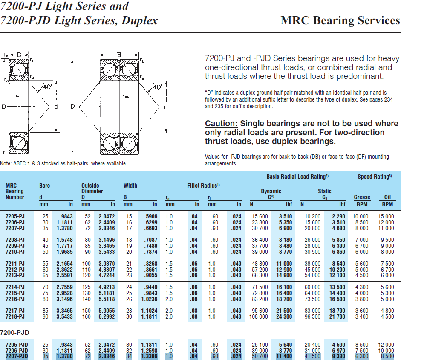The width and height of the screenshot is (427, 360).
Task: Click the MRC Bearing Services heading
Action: (340, 20)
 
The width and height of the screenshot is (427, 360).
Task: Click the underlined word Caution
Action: (221, 124)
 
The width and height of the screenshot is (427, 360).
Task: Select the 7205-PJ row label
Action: (15, 217)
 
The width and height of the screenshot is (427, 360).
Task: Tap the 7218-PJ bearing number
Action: (15, 317)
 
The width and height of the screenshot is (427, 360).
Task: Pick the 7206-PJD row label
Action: (17, 351)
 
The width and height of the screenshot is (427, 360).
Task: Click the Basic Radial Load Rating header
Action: (297, 177)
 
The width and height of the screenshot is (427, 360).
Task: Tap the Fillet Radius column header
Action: (203, 186)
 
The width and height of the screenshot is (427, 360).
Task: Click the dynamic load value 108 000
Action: (259, 317)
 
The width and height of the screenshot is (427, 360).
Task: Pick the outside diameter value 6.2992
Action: (107, 317)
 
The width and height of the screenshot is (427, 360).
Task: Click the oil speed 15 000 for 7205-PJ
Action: (386, 217)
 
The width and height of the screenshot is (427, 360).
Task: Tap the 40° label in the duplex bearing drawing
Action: (158, 87)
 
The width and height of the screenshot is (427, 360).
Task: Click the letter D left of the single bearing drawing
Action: (4, 106)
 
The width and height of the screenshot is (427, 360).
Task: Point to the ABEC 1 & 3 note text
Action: (63, 163)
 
